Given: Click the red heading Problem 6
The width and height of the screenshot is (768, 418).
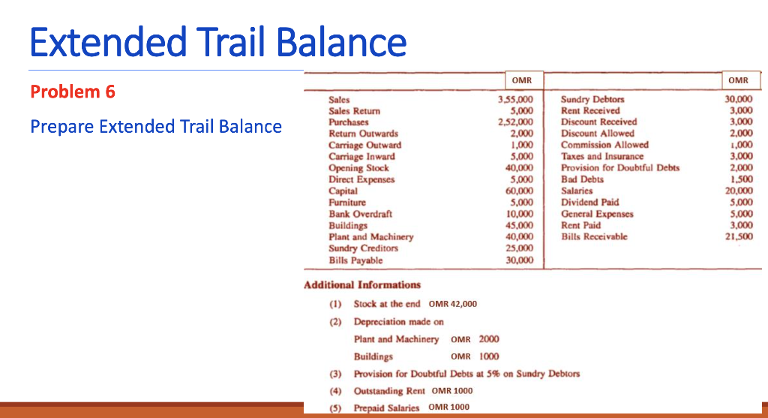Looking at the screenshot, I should tap(73, 92).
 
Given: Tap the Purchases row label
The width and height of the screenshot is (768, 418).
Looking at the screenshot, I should tap(349, 122).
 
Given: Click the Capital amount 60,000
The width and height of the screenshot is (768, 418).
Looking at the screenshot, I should tap(520, 191).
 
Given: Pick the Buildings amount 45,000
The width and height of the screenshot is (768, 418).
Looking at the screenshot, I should tap(520, 225).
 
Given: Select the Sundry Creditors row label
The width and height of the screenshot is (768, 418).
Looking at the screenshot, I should tap(363, 248).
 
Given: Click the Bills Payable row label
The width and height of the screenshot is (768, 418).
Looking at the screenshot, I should tap(355, 260).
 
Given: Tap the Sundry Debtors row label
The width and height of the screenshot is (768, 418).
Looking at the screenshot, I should tap(592, 99).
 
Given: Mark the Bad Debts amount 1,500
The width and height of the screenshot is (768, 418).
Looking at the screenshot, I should tap(742, 179).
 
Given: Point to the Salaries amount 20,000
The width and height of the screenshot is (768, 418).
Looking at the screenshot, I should tap(739, 191).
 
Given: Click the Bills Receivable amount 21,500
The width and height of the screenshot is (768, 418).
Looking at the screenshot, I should tap(739, 237).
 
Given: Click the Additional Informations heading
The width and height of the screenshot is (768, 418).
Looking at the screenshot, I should tap(362, 285).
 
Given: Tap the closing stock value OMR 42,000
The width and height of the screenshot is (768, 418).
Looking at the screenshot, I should tap(453, 304).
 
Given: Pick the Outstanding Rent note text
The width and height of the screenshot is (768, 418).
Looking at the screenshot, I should tap(412, 390).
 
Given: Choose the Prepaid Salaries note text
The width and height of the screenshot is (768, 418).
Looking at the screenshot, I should tap(411, 407).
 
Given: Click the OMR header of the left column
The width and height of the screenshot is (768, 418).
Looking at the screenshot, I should tap(522, 80).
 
